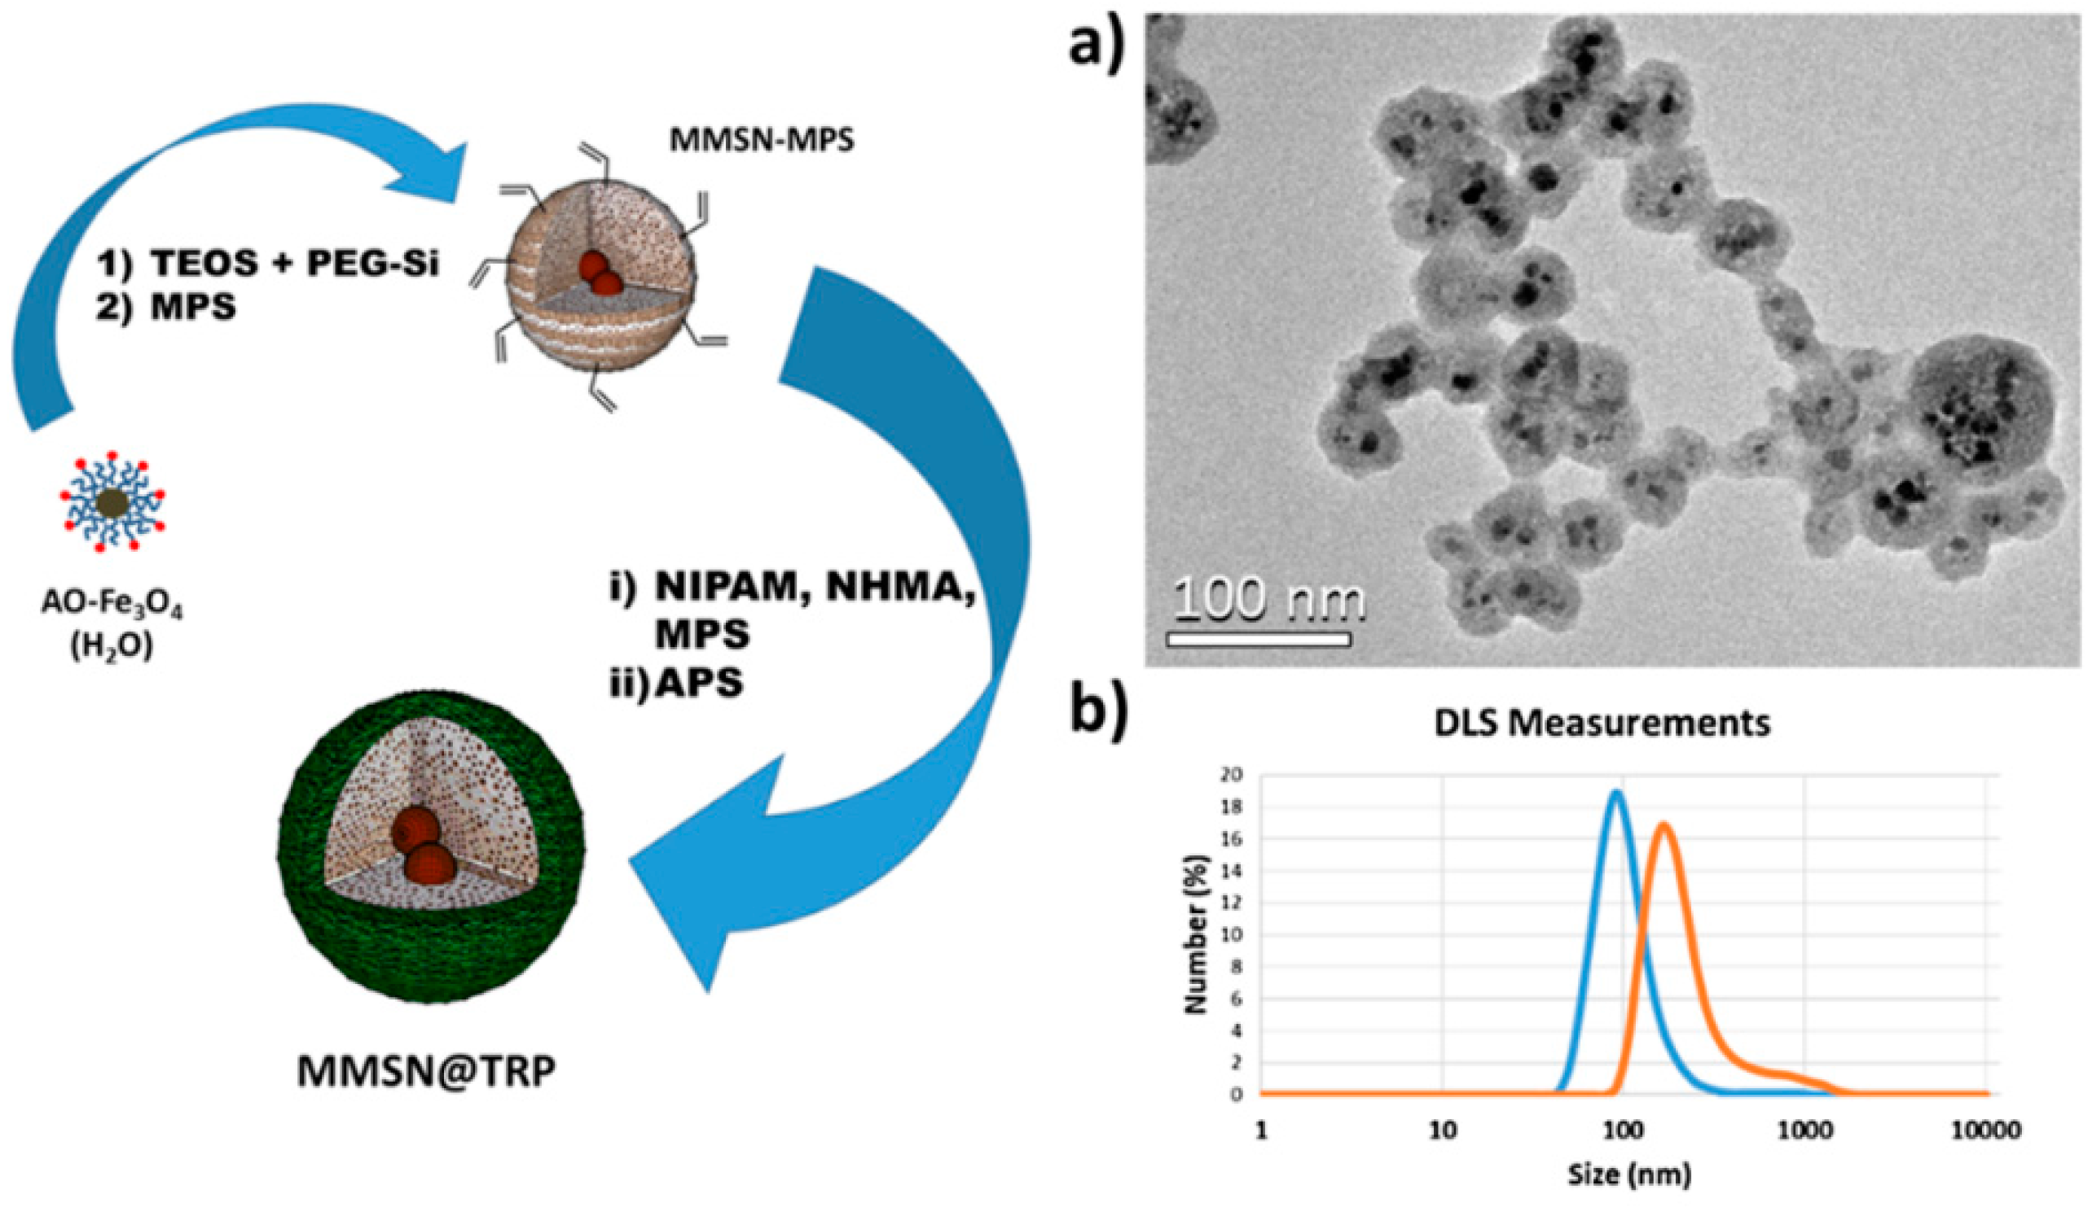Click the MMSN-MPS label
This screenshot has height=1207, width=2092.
(761, 140)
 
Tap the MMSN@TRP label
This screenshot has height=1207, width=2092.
(426, 1070)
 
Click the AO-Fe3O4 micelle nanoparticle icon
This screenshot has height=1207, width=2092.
(111, 501)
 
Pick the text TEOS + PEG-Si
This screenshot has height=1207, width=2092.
(293, 264)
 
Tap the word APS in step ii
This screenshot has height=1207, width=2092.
(698, 683)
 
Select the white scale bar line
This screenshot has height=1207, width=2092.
(1259, 639)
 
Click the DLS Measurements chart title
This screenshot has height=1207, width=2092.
(1602, 724)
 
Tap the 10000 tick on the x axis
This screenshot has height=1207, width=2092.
(1988, 1130)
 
